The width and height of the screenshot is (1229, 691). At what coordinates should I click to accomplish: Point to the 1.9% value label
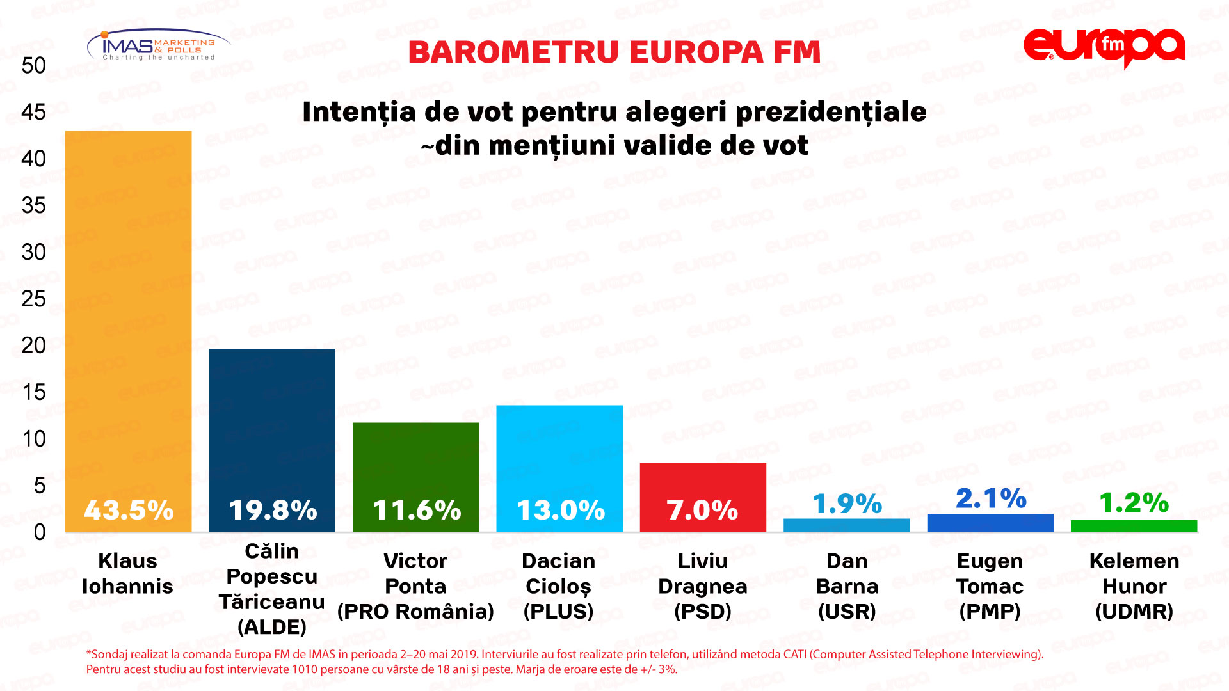click(x=847, y=504)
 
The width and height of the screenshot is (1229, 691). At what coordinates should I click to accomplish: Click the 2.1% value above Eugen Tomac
click(x=991, y=498)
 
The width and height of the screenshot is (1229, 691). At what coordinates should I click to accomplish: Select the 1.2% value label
click(x=1134, y=503)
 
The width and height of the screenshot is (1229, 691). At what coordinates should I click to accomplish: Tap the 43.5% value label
click(x=129, y=510)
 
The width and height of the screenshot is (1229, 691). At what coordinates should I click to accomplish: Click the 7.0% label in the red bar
click(x=702, y=510)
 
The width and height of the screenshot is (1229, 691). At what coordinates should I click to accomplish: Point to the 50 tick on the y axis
click(x=33, y=65)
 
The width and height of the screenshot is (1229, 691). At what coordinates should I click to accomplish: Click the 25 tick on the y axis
click(x=33, y=299)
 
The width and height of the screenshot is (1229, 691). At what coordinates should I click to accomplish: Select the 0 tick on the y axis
click(x=40, y=532)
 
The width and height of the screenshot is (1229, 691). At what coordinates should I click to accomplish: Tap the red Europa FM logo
click(x=1104, y=47)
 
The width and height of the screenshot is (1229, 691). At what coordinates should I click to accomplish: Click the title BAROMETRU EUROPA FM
click(x=614, y=52)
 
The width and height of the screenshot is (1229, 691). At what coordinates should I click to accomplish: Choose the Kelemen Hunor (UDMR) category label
click(x=1134, y=586)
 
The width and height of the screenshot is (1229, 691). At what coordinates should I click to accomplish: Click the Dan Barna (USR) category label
click(x=847, y=586)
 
